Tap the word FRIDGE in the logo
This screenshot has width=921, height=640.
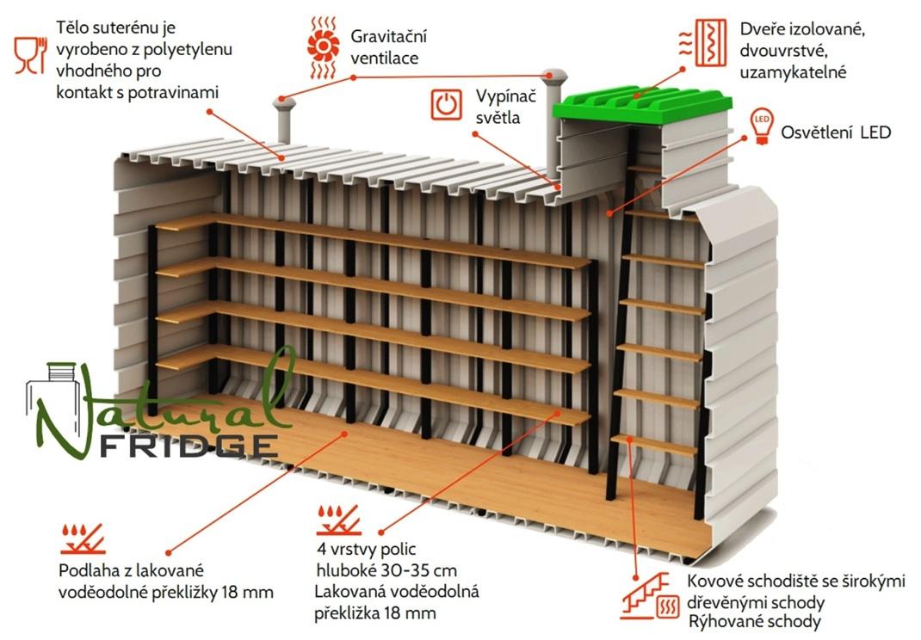click(x=189, y=446)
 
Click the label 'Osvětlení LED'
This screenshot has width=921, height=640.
click(x=835, y=132)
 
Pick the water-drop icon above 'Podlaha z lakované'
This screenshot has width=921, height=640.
click(x=81, y=538)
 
